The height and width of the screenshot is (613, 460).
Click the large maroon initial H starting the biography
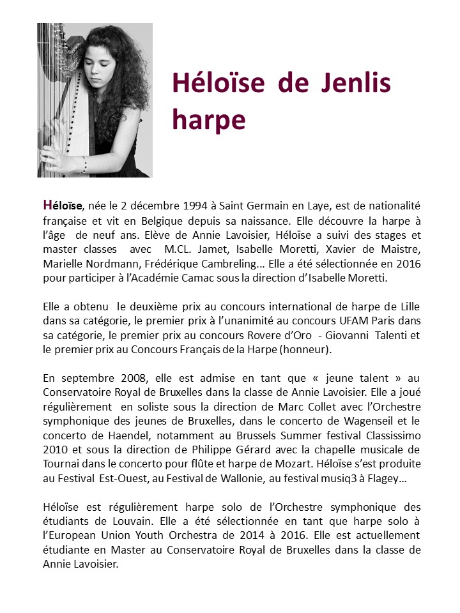pos(47,205)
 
